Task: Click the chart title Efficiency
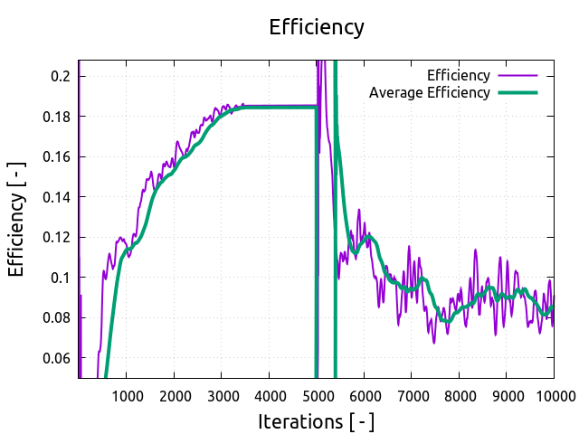(317, 27)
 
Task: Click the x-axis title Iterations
(316, 421)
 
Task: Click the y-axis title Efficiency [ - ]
(17, 219)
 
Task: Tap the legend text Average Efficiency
(430, 92)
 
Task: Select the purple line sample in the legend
(518, 75)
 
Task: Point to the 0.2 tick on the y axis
(60, 76)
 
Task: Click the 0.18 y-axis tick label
(56, 117)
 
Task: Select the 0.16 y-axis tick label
(56, 156)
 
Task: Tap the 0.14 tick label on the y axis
(56, 197)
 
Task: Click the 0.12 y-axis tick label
(56, 237)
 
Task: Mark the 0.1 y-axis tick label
(60, 278)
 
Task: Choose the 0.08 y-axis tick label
(56, 317)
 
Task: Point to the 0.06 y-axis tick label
(56, 358)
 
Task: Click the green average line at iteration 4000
(269, 108)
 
